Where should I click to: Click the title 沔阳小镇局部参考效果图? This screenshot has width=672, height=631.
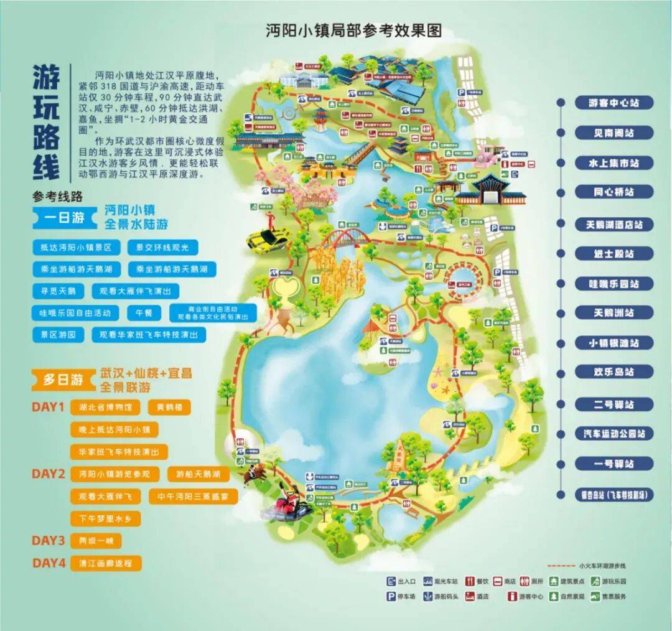pyautogui.click(x=353, y=30)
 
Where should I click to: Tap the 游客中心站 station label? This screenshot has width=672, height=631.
pyautogui.click(x=614, y=103)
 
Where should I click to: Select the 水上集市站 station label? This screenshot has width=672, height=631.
pyautogui.click(x=614, y=163)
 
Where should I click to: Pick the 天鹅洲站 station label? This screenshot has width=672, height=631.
pyautogui.click(x=614, y=313)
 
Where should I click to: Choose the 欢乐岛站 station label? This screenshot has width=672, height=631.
pyautogui.click(x=614, y=372)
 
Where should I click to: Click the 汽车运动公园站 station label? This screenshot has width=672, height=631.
pyautogui.click(x=614, y=433)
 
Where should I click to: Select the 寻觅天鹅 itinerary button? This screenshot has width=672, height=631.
pyautogui.click(x=58, y=291)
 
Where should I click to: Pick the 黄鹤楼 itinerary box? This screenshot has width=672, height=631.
pyautogui.click(x=169, y=408)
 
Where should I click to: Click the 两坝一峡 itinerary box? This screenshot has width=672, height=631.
pyautogui.click(x=96, y=540)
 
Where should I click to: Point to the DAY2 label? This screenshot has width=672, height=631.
pyautogui.click(x=49, y=474)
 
